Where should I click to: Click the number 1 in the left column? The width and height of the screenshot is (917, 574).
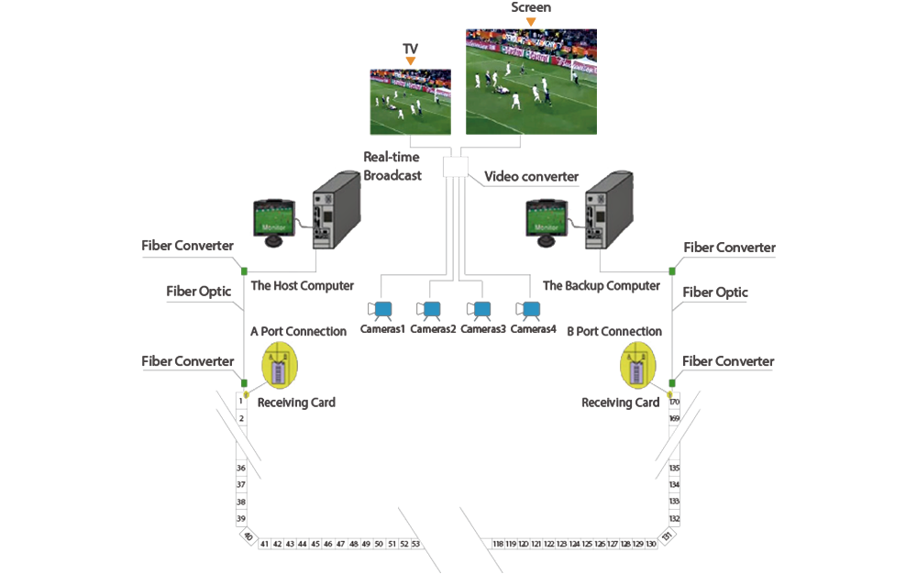pos(240,401)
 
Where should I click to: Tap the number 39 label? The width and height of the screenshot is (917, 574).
pos(240,519)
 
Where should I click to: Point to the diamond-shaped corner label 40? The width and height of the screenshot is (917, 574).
pos(247,535)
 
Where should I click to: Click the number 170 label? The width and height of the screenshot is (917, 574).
pos(675,401)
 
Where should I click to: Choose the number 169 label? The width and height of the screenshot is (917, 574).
pos(675,418)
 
